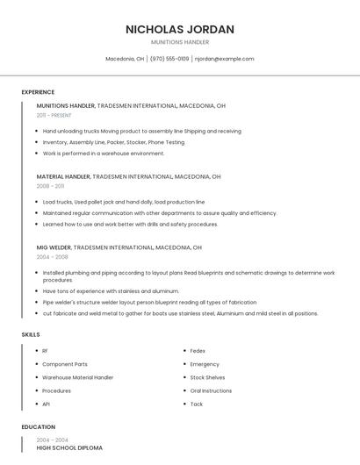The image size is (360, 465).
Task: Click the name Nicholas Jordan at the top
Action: (x=179, y=29)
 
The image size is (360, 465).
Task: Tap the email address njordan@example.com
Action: (x=224, y=59)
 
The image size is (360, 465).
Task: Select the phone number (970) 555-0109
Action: (x=169, y=59)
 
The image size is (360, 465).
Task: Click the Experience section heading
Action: (x=38, y=92)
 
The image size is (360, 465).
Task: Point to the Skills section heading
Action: (x=31, y=334)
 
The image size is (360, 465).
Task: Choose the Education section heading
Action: (x=39, y=427)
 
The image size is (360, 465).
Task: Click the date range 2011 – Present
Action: (x=54, y=115)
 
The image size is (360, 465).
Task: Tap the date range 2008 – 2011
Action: (x=50, y=186)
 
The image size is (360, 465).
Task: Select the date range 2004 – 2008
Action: (x=52, y=257)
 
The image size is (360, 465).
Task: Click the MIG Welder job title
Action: (x=54, y=247)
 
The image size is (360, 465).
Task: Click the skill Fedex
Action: (x=198, y=351)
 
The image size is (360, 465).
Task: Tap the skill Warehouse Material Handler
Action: (x=77, y=377)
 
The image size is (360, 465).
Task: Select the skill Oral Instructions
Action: (x=211, y=390)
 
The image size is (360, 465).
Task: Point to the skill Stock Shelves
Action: (x=207, y=377)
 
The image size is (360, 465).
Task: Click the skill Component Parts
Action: (x=65, y=364)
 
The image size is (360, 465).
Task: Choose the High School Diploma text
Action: (x=69, y=447)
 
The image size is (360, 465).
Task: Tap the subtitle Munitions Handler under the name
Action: (x=179, y=42)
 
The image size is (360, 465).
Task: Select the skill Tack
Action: (x=197, y=404)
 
